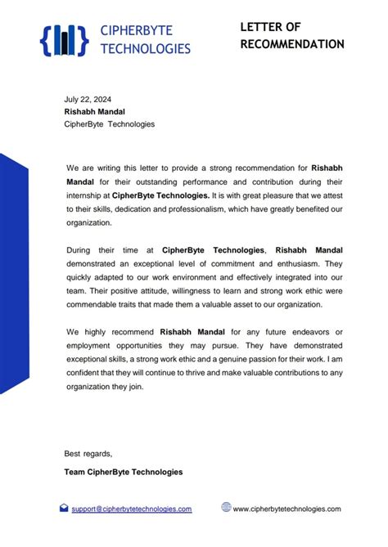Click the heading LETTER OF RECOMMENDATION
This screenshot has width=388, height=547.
291,35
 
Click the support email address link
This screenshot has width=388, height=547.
131,509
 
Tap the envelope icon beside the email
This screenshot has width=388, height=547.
64,508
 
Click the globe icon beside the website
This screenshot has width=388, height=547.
226,507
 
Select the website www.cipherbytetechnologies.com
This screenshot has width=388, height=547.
286,509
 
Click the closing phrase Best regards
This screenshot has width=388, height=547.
88,453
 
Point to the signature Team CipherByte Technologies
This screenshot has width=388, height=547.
123,472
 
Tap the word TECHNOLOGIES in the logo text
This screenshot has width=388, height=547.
145,48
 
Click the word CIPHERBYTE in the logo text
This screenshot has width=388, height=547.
136,31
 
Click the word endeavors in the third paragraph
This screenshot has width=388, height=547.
298,331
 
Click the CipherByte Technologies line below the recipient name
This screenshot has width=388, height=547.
109,124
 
